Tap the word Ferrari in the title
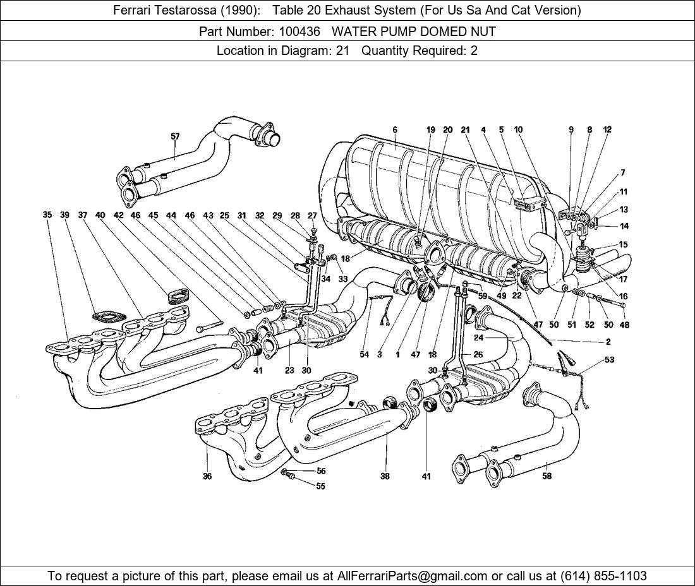click(x=133, y=10)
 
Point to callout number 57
click(x=175, y=136)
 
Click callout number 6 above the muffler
click(x=395, y=130)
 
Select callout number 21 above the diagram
click(x=466, y=130)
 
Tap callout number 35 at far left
click(x=47, y=215)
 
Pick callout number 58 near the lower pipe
click(x=547, y=475)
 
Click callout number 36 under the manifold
click(x=207, y=477)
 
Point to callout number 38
click(x=385, y=477)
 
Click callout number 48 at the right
click(x=624, y=325)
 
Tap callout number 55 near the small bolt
click(x=321, y=486)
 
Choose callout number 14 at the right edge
click(x=624, y=226)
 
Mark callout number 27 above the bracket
click(x=312, y=216)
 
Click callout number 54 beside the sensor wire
click(x=365, y=355)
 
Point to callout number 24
click(x=478, y=337)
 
